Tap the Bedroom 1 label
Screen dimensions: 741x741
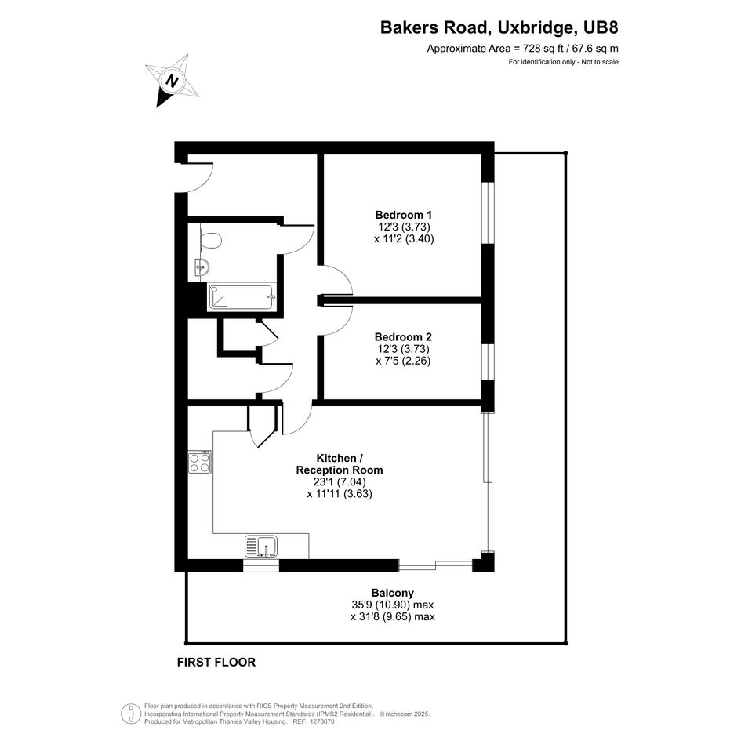(x=404, y=215)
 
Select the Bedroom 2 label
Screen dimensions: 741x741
(x=403, y=337)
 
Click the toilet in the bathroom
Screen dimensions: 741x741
(x=211, y=241)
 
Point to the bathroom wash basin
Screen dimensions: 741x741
(x=202, y=268)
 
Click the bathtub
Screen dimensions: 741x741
(x=241, y=297)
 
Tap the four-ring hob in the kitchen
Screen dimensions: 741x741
(x=199, y=462)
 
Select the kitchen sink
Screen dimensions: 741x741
(x=261, y=547)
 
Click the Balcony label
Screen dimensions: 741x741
(x=393, y=593)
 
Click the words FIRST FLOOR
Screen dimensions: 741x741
(x=216, y=662)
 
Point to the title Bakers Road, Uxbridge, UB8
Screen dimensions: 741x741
(x=499, y=27)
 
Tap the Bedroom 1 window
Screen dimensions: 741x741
(x=488, y=212)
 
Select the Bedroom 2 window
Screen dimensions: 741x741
(x=488, y=362)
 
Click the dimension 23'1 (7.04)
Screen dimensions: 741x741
(x=340, y=482)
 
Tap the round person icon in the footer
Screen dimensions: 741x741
(x=131, y=714)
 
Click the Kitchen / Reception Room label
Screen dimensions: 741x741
(x=340, y=464)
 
